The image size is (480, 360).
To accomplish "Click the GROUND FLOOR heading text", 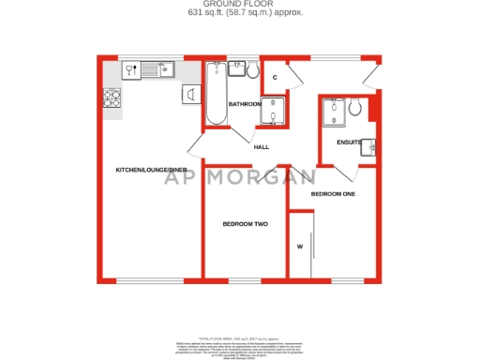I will (240, 5).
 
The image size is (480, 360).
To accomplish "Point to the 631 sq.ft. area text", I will (240, 14).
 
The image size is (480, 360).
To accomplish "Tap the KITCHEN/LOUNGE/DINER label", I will (146, 170).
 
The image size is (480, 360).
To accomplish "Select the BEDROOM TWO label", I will (245, 224).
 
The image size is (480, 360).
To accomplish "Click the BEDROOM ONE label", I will (334, 193).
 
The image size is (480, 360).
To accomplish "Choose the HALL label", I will (262, 146).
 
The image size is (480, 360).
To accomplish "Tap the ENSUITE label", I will (349, 142).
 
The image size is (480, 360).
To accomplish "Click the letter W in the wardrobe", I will (300, 247).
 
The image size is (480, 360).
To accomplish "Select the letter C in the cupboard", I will (275, 77).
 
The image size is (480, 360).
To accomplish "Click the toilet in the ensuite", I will (356, 110).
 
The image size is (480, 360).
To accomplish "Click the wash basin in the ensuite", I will (370, 147).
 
